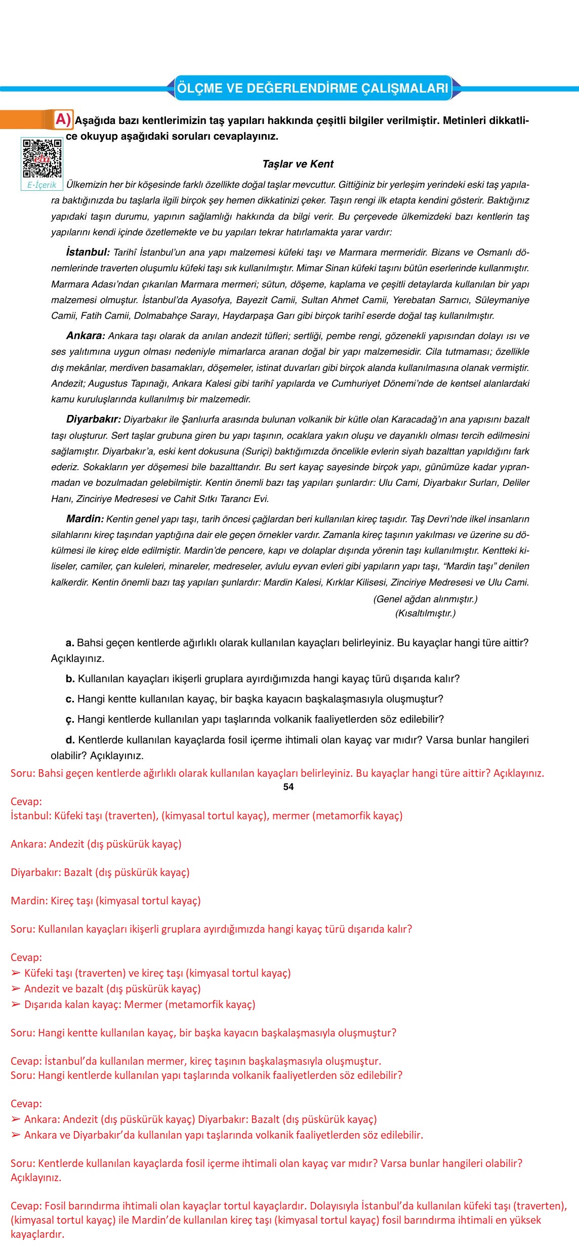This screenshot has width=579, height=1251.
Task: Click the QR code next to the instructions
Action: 42,158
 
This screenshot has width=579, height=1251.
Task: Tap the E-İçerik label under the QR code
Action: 42,185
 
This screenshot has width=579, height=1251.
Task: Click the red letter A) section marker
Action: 63,119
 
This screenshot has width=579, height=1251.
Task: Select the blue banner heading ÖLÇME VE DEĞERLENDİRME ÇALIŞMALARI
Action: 312,88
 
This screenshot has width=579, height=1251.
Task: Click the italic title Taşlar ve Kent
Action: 298,164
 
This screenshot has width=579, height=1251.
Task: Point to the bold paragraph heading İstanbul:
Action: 88,252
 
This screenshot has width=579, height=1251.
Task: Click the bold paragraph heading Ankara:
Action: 86,336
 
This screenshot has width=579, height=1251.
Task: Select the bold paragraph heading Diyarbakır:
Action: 94,419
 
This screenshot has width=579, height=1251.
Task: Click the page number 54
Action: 288,786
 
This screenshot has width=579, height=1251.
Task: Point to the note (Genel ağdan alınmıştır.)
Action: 425,599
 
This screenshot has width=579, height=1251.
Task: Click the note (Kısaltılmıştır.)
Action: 425,613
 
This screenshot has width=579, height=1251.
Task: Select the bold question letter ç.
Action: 70,720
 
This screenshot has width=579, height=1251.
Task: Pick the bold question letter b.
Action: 70,679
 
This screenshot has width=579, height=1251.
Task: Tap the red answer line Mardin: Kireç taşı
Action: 106,901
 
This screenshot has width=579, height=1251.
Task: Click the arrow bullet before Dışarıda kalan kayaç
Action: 16,1005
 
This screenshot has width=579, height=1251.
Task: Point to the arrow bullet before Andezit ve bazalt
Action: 16,989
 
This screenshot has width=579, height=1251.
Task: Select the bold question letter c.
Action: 70,699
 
